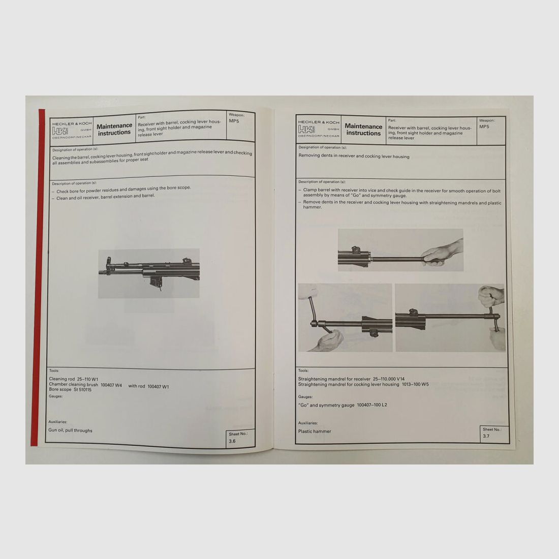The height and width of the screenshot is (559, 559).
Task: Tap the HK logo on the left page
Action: coord(59,131)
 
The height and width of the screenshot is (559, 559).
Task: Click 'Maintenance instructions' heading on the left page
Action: coord(114,129)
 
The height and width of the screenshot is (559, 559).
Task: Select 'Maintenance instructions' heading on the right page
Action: coord(363,130)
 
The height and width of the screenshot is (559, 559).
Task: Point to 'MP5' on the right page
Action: coord(484,127)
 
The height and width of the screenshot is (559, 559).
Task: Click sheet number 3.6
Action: coord(232,441)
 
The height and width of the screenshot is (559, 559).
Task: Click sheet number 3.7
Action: coord(486,436)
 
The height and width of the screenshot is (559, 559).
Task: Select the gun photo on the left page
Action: coord(148,273)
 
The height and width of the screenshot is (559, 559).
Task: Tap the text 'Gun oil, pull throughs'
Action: coord(71,430)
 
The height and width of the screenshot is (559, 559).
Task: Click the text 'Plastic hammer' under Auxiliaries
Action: coord(315,431)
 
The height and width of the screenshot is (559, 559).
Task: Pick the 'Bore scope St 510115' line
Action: coord(70,390)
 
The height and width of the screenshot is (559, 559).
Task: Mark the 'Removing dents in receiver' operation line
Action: coord(354,157)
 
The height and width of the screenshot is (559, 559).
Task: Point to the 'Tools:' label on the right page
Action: coord(303,371)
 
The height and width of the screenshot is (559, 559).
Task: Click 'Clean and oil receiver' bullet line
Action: coord(105,196)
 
